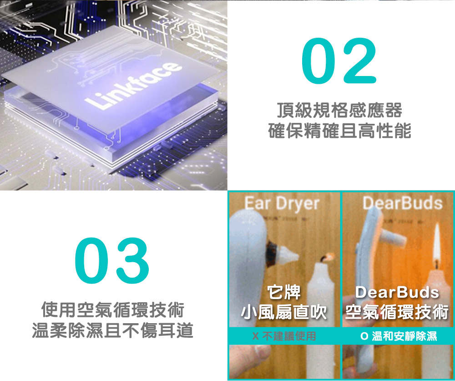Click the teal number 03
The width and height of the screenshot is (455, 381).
[112, 260]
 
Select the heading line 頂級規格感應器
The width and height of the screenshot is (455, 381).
[339, 110]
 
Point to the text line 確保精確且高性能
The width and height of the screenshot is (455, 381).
[339, 130]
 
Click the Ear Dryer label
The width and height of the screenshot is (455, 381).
[282, 204]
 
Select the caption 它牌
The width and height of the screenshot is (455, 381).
[284, 292]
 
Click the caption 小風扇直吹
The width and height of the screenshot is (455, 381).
[284, 312]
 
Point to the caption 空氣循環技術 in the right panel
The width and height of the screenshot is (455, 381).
[397, 312]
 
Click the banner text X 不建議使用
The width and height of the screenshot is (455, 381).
[284, 336]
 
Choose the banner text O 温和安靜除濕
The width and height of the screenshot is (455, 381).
[399, 336]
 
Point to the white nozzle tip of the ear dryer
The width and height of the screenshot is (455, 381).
[289, 254]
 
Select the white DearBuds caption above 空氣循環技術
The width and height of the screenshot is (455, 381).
[397, 292]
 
